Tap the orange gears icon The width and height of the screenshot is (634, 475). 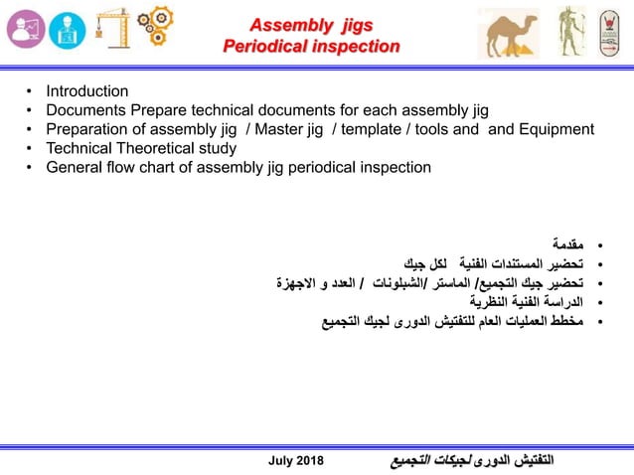(x=155, y=29)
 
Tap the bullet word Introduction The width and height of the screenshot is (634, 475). (x=87, y=91)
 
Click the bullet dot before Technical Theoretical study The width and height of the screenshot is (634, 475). (x=30, y=148)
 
